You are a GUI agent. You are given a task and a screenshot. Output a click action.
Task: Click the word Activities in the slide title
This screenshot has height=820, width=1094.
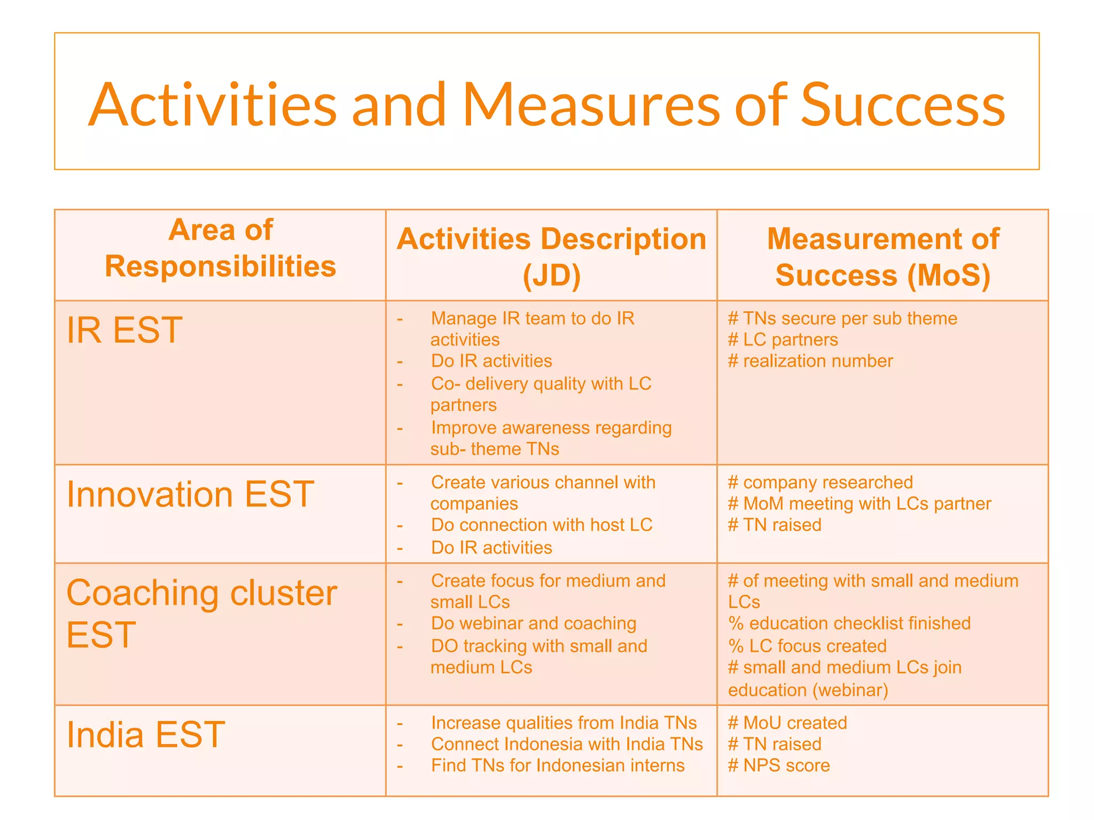[x=212, y=105]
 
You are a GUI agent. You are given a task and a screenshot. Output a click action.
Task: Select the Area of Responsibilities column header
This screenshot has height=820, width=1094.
[x=220, y=248]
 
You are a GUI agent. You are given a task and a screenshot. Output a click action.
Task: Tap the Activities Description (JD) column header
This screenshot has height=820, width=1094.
[x=551, y=257]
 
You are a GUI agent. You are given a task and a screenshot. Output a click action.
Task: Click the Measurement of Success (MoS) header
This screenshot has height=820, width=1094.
[x=882, y=257]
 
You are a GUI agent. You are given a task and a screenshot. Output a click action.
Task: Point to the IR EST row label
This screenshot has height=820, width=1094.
[x=124, y=330]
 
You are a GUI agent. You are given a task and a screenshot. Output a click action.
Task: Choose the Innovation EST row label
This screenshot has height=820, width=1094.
[x=190, y=494]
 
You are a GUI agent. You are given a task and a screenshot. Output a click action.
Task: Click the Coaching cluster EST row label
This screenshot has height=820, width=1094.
[x=201, y=613]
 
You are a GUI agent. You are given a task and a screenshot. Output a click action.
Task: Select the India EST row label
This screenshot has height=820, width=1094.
[x=145, y=735]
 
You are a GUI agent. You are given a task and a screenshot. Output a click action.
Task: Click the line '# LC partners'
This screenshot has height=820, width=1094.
[x=783, y=340]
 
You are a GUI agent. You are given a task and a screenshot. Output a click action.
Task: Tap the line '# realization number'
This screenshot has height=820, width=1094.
[x=810, y=361]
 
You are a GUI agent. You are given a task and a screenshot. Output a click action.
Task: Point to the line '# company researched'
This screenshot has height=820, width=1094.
[x=820, y=482]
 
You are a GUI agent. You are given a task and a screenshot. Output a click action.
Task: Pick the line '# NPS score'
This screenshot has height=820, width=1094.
[x=779, y=766]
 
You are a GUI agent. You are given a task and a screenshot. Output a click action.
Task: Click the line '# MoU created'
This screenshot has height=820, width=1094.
[x=787, y=723]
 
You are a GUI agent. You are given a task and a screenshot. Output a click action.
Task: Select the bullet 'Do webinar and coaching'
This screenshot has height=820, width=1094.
[x=534, y=624]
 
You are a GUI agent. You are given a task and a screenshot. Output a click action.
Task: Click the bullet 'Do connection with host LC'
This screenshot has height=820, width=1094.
[x=542, y=525]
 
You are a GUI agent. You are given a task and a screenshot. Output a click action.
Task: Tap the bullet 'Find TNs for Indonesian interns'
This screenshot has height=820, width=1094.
[x=558, y=766]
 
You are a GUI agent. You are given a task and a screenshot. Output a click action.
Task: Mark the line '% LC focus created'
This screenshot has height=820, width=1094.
[x=807, y=646]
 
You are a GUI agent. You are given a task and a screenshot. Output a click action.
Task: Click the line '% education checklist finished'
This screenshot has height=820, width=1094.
[x=849, y=624]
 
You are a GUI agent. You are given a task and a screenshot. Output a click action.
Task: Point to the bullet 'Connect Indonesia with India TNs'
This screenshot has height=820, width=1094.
[x=567, y=744]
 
